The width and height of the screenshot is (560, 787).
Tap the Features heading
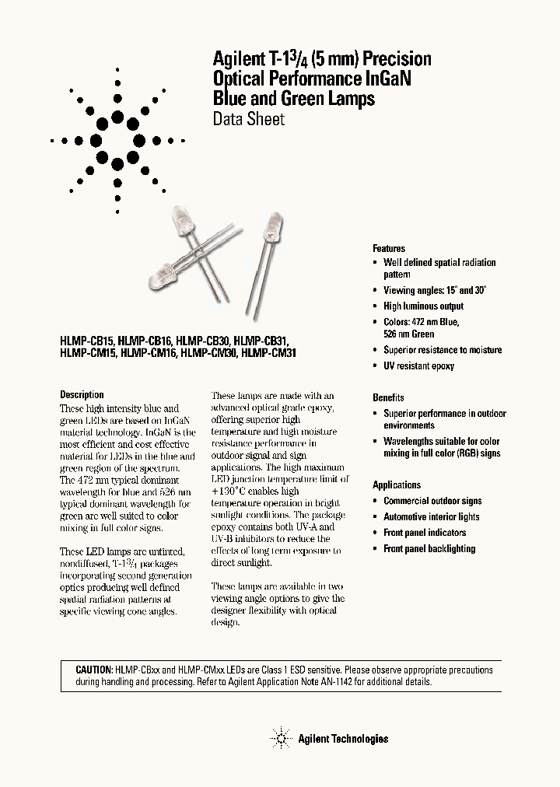tap(388, 248)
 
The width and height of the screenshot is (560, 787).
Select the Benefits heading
tap(388, 397)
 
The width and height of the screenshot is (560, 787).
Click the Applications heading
tap(397, 484)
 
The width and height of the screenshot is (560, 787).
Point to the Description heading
tap(82, 394)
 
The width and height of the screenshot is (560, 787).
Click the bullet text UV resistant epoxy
tap(418, 366)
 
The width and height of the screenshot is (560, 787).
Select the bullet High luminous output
tap(423, 306)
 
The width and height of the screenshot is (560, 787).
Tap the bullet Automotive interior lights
tap(431, 517)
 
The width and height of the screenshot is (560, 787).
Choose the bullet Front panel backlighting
tap(429, 549)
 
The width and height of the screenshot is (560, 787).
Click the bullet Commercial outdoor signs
tap(432, 502)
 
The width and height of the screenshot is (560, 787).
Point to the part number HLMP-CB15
tap(87, 341)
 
